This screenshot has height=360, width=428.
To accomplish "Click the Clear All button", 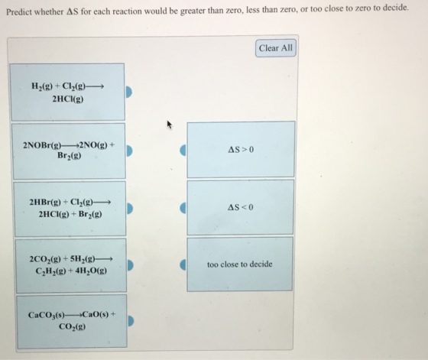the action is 276,48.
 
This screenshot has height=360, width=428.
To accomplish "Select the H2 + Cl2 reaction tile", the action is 67,92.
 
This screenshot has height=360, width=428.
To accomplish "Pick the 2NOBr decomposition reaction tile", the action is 69,151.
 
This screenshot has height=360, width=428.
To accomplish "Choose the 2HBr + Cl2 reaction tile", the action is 70,209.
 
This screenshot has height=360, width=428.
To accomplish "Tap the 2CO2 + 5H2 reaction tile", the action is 71,266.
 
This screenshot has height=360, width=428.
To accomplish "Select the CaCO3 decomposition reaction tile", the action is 72,321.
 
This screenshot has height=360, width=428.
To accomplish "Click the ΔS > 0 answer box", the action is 241,149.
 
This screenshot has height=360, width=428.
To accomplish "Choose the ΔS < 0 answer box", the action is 240,207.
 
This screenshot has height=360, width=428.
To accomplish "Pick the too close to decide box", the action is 240,264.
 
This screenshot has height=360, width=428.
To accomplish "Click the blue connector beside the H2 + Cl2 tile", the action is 128,92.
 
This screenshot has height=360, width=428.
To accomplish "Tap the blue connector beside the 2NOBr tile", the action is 129,151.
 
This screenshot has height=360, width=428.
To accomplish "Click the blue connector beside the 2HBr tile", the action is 130,209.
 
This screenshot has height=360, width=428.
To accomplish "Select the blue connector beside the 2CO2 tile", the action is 130,265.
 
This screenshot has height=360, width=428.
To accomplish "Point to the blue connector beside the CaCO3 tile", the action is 131,321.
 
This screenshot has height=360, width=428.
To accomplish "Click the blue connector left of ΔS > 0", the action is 183,150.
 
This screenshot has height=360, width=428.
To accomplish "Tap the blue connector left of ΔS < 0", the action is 183,208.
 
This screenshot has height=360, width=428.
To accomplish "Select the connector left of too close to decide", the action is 183,264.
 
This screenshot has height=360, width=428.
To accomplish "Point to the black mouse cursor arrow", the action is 170,125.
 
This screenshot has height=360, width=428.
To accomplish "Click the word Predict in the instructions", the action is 21,12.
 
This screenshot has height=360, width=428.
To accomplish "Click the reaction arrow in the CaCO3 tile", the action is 73,316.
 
